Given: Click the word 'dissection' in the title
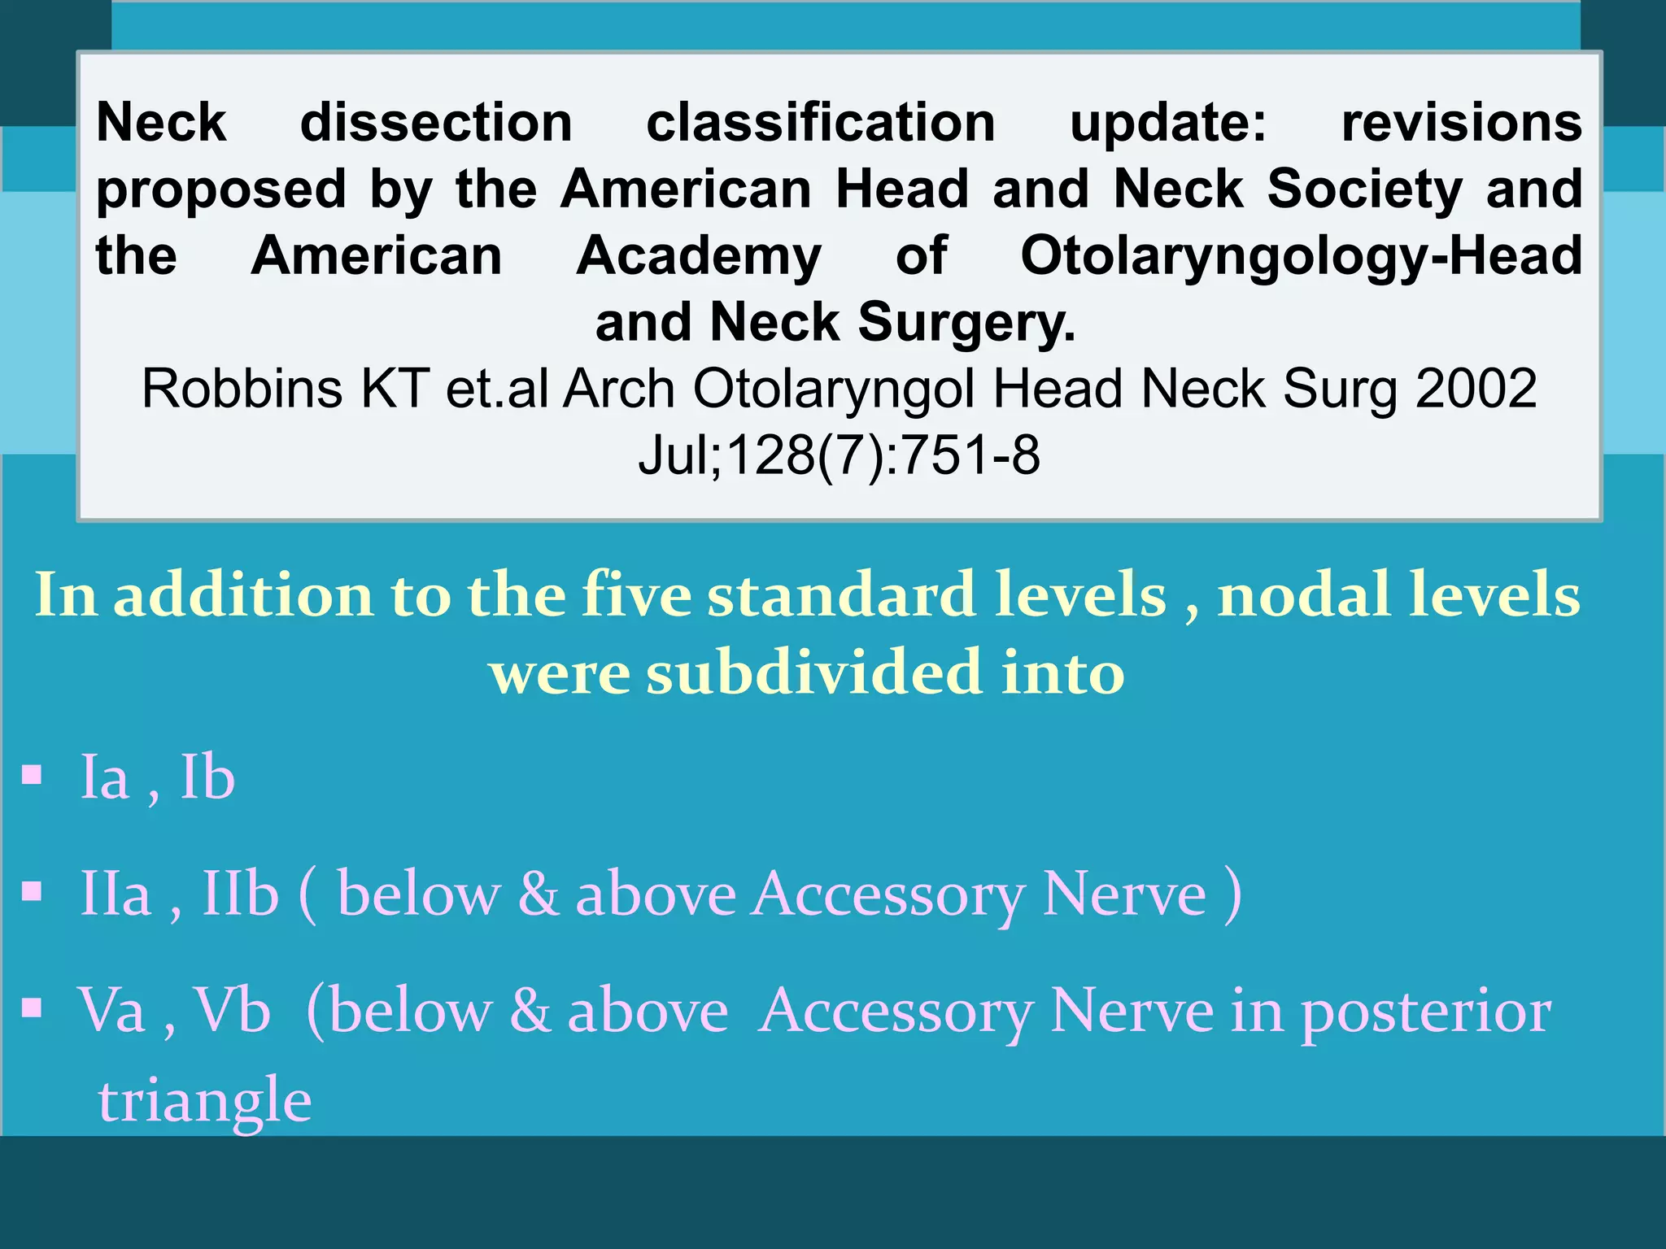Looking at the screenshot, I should [x=436, y=123].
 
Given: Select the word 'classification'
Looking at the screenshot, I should [x=821, y=123].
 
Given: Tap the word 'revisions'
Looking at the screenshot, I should [x=1461, y=123].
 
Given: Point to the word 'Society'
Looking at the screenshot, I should [x=1364, y=189].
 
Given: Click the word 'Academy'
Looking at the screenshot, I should [x=699, y=257].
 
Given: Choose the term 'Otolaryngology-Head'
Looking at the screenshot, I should [x=1301, y=257].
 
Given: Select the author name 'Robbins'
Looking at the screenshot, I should [x=242, y=389].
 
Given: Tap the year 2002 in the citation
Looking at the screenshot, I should [x=1476, y=389].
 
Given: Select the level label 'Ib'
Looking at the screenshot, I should [x=207, y=777].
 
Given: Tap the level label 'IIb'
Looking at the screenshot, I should [x=240, y=894].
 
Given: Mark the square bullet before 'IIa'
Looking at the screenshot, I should [x=32, y=892].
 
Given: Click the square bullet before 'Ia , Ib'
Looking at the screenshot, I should [x=32, y=775].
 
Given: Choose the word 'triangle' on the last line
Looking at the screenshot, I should [x=205, y=1101].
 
